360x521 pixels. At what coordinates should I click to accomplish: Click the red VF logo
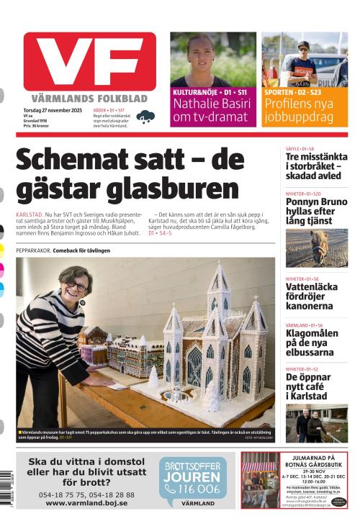coord(89,61)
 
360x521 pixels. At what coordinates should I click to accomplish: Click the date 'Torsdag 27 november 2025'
coord(53,110)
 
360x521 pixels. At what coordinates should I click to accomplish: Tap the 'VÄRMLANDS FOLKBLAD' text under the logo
coord(89,98)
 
